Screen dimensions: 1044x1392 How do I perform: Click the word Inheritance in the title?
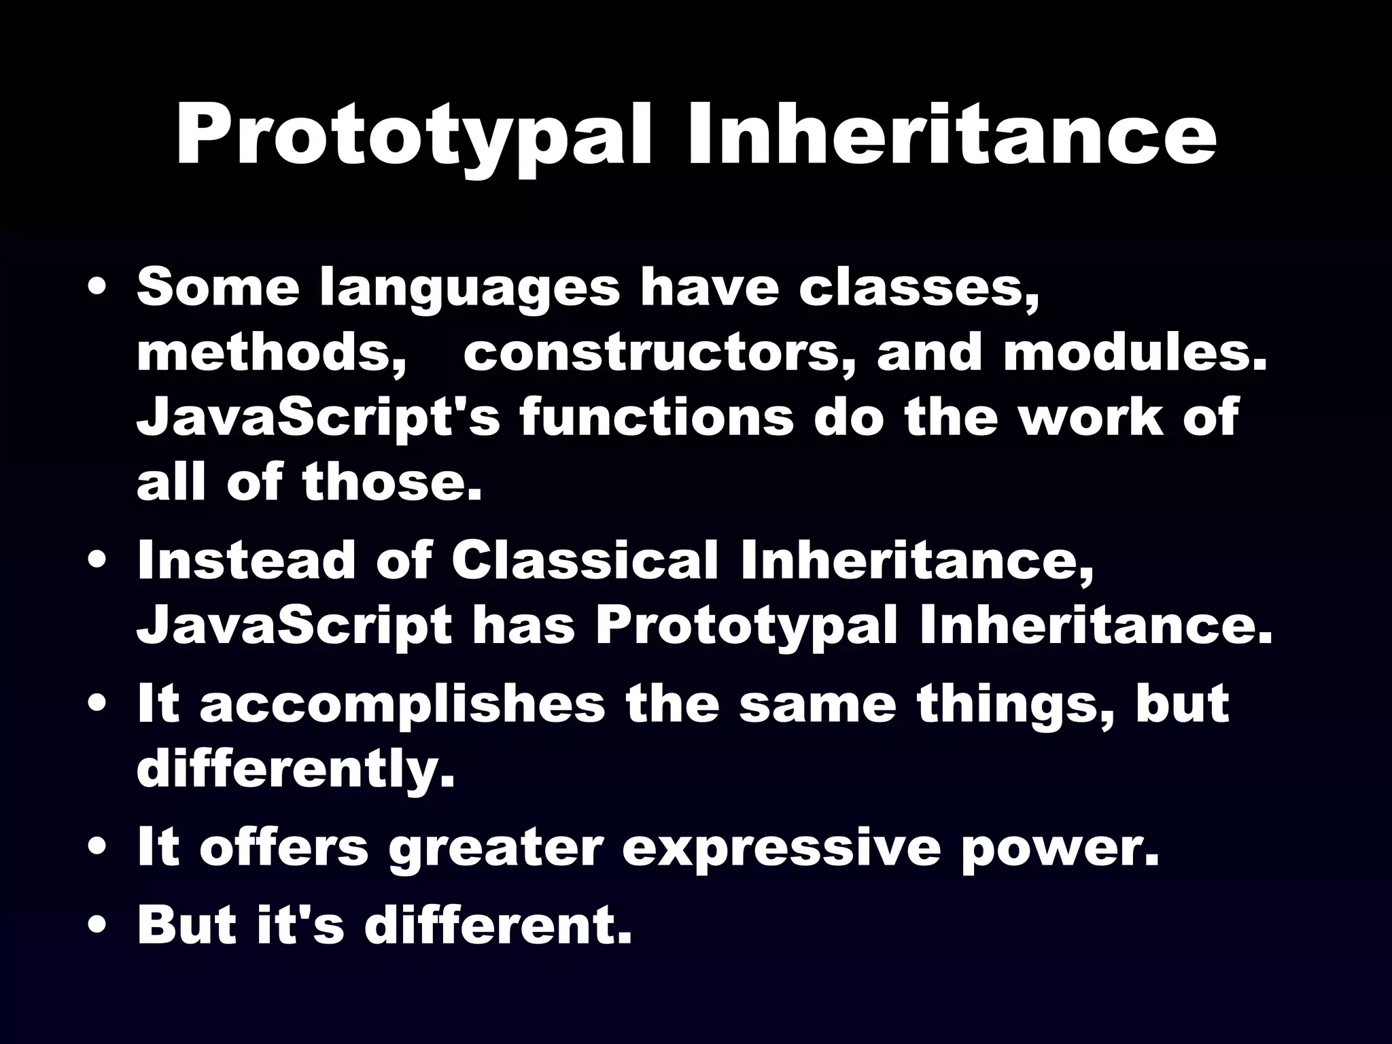click(x=952, y=134)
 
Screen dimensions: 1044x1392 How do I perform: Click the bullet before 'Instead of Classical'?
click(x=100, y=563)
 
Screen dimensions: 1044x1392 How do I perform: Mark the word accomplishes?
click(x=402, y=706)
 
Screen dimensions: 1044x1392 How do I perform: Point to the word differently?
click(x=295, y=769)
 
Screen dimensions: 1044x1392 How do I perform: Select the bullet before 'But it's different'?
click(x=100, y=926)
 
